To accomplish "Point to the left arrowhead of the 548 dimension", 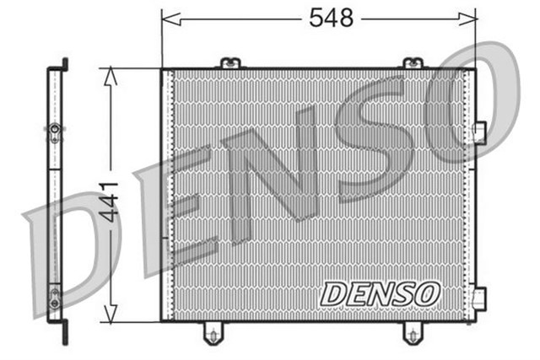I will pos(166,17).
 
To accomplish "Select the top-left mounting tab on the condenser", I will pos(229,63).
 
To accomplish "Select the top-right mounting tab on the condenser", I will pos(413,63).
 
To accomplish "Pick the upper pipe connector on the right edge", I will pos(480,133).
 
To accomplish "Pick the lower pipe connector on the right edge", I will pos(480,298).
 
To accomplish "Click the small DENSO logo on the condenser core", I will pos(380,293).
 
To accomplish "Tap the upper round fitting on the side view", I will pos(55,130).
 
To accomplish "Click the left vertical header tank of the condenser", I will pos(166,194).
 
